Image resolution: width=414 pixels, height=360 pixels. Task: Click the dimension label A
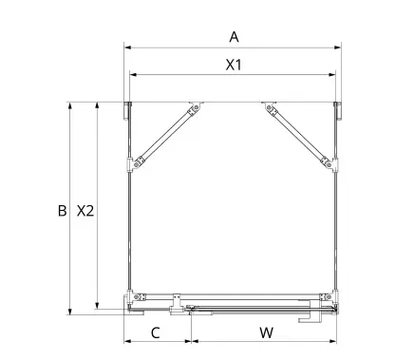pos(234,37)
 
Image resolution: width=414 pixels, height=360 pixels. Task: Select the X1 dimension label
pos(234,65)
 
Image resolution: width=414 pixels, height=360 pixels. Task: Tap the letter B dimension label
pos(63,211)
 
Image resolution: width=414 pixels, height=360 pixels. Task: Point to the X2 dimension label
pos(85,211)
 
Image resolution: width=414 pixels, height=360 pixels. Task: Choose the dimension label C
pos(156,332)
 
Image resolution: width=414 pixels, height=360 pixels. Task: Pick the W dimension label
pos(267,332)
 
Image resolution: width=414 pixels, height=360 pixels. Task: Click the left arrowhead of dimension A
pos(127,47)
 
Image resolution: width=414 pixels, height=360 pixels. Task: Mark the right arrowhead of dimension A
pos(338,47)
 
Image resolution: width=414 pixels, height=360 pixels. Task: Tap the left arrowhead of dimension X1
pos(133,75)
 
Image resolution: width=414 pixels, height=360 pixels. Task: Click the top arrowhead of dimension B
pos(70,106)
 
